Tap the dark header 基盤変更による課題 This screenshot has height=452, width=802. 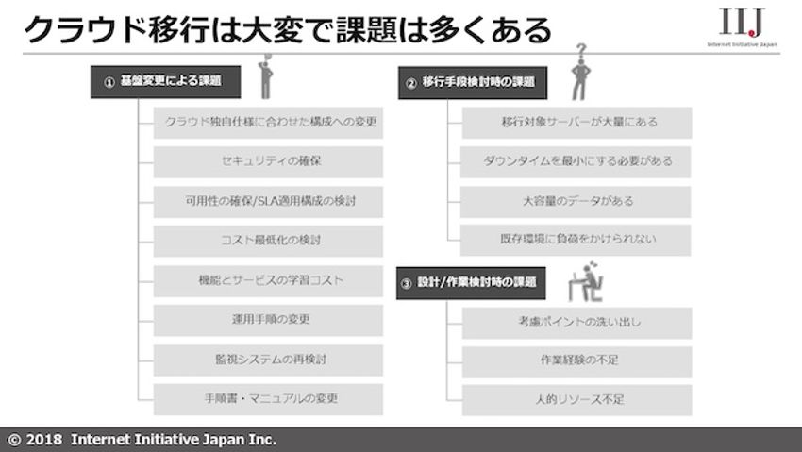[x=164, y=82]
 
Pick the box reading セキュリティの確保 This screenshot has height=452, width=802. [x=268, y=161]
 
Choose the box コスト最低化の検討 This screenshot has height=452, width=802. [x=268, y=241]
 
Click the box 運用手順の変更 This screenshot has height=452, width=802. [x=268, y=320]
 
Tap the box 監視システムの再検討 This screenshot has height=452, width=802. [x=268, y=360]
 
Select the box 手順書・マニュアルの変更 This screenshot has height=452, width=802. [x=268, y=399]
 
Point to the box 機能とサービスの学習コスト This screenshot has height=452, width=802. [x=268, y=280]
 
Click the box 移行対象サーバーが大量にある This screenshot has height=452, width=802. [x=576, y=122]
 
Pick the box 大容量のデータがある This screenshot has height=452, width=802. [x=576, y=201]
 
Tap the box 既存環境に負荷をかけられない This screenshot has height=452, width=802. [x=576, y=241]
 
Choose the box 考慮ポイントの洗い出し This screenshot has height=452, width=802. [x=576, y=322]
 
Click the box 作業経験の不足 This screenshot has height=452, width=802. [x=576, y=360]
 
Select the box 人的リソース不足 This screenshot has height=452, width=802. [x=576, y=399]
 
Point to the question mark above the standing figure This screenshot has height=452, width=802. [x=582, y=49]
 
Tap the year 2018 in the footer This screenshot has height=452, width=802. [x=44, y=440]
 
